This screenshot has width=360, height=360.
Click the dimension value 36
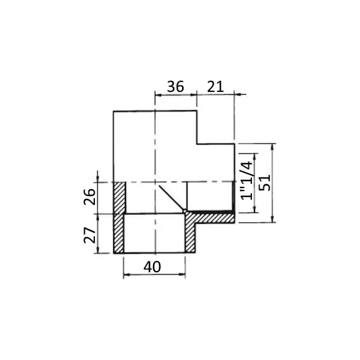tap(176, 87)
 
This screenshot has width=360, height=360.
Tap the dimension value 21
tap(216, 87)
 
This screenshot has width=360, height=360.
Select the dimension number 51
tap(264, 183)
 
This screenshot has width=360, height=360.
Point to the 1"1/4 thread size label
tap(247, 180)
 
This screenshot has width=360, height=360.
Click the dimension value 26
tap(90, 196)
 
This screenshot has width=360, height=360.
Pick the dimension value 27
tap(90, 235)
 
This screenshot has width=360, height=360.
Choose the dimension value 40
tap(152, 267)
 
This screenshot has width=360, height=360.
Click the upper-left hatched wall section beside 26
tap(120, 198)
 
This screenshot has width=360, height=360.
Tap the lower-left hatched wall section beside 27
tap(119, 233)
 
